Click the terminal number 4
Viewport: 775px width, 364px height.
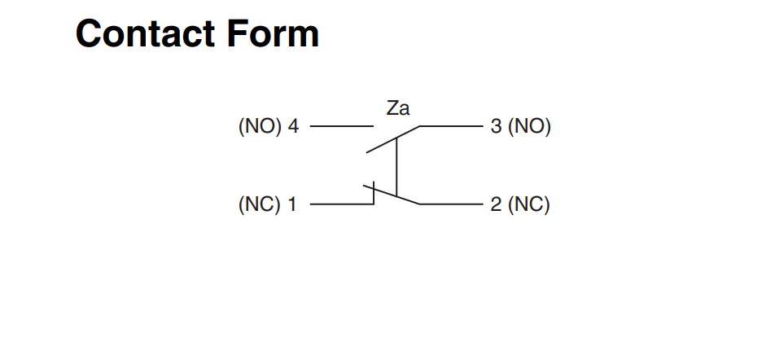pyautogui.click(x=293, y=127)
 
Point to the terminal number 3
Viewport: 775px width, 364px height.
pyautogui.click(x=497, y=127)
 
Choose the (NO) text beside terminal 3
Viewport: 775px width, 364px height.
pyautogui.click(x=529, y=127)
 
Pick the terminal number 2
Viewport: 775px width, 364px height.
pyautogui.click(x=497, y=204)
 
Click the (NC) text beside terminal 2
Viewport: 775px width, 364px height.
pyautogui.click(x=529, y=204)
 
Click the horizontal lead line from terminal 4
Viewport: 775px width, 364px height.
pyautogui.click(x=342, y=127)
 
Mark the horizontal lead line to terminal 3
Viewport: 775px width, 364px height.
pyautogui.click(x=452, y=127)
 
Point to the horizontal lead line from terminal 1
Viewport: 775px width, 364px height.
pyautogui.click(x=342, y=204)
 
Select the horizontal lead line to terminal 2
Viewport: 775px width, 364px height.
pyautogui.click(x=452, y=204)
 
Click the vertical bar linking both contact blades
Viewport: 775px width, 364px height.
pyautogui.click(x=396, y=167)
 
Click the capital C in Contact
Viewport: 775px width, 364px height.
pyautogui.click(x=89, y=33)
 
